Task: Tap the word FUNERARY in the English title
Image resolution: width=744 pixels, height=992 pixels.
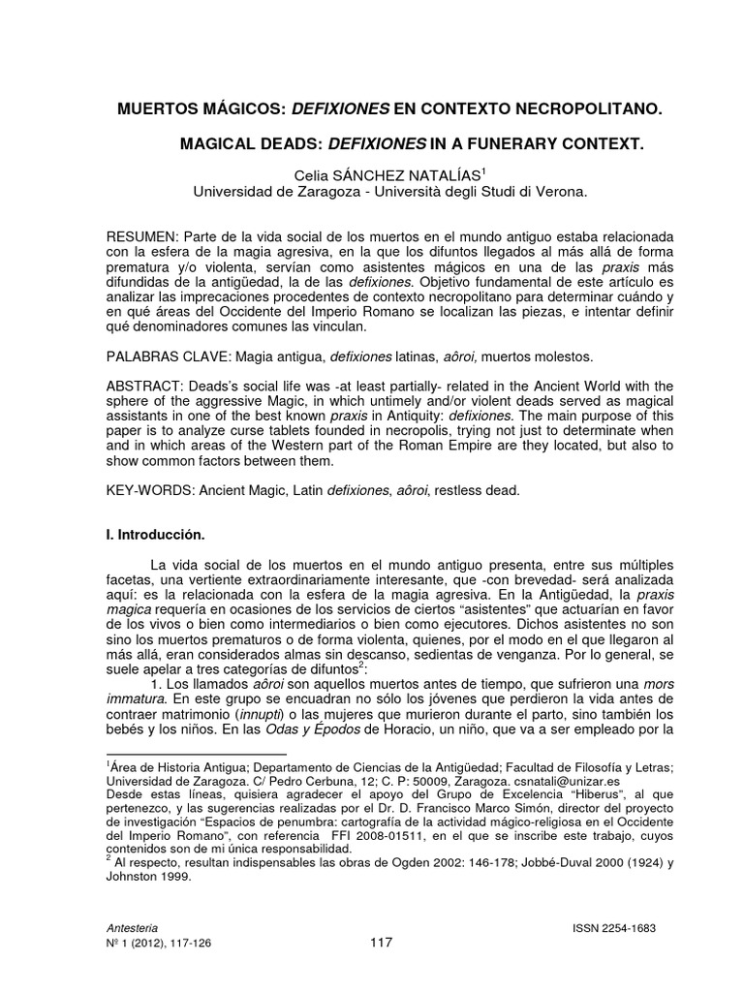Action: click(511, 143)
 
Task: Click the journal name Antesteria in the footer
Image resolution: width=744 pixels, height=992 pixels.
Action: click(135, 927)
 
